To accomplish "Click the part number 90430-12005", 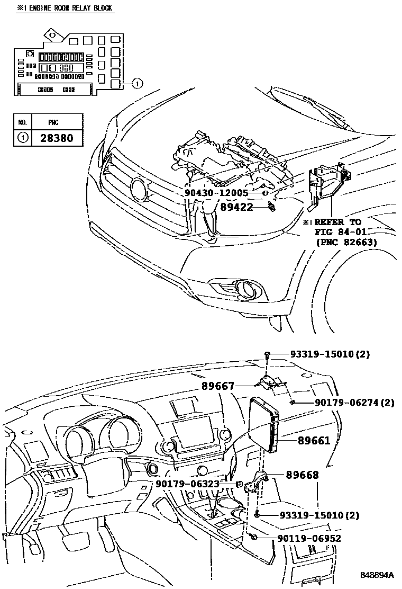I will (216, 193).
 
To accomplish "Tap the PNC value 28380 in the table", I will (57, 138).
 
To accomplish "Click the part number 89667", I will (217, 387).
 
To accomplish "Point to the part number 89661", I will (314, 440).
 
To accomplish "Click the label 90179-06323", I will (188, 484).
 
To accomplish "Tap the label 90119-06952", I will (309, 538).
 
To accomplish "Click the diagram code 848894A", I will (378, 575).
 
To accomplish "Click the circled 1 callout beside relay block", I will (136, 83).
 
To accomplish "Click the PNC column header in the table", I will (53, 122).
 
